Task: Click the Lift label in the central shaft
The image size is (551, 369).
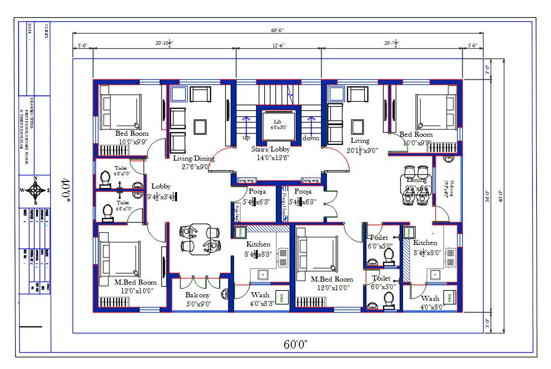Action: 277,122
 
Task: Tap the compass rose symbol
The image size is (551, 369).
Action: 36,191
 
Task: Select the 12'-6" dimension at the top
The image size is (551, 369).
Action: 278,45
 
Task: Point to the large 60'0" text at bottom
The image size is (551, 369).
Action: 296,344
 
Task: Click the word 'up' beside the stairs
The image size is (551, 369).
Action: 246,138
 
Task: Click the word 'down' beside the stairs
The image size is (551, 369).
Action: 311,138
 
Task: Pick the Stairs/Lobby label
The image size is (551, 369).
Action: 270,149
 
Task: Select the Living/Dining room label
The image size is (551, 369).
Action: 194,159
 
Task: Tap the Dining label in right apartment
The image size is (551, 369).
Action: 417,179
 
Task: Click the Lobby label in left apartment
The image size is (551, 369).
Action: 161,187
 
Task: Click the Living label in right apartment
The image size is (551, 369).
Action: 360,140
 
